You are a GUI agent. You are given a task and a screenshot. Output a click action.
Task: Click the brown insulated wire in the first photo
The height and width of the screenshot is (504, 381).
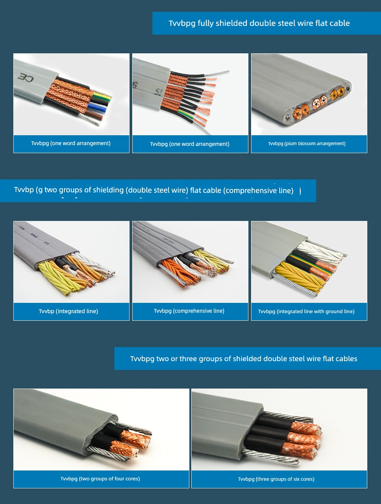pyautogui.click(x=94, y=115)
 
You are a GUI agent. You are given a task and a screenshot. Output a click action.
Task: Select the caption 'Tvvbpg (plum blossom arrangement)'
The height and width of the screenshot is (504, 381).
pyautogui.click(x=307, y=144)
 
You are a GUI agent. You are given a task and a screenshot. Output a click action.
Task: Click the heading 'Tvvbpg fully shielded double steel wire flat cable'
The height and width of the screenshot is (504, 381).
pyautogui.click(x=259, y=23)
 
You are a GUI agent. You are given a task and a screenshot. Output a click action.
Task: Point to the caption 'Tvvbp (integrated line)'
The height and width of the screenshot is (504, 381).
pyautogui.click(x=69, y=311)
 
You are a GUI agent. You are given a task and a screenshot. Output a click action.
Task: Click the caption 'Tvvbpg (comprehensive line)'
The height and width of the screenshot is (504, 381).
pyautogui.click(x=189, y=310)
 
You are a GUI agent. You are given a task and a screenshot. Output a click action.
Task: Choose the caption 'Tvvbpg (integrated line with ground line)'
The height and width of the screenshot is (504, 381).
pyautogui.click(x=306, y=311)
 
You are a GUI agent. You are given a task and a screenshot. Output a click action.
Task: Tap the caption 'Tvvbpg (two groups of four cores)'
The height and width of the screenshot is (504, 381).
pyautogui.click(x=100, y=478)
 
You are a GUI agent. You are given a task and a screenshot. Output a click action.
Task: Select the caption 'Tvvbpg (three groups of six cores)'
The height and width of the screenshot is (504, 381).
pyautogui.click(x=276, y=479)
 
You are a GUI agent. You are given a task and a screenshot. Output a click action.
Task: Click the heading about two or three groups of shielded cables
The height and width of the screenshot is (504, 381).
pyautogui.click(x=244, y=358)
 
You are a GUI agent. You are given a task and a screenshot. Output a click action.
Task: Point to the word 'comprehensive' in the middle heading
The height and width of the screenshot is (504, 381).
pyautogui.click(x=250, y=190)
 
